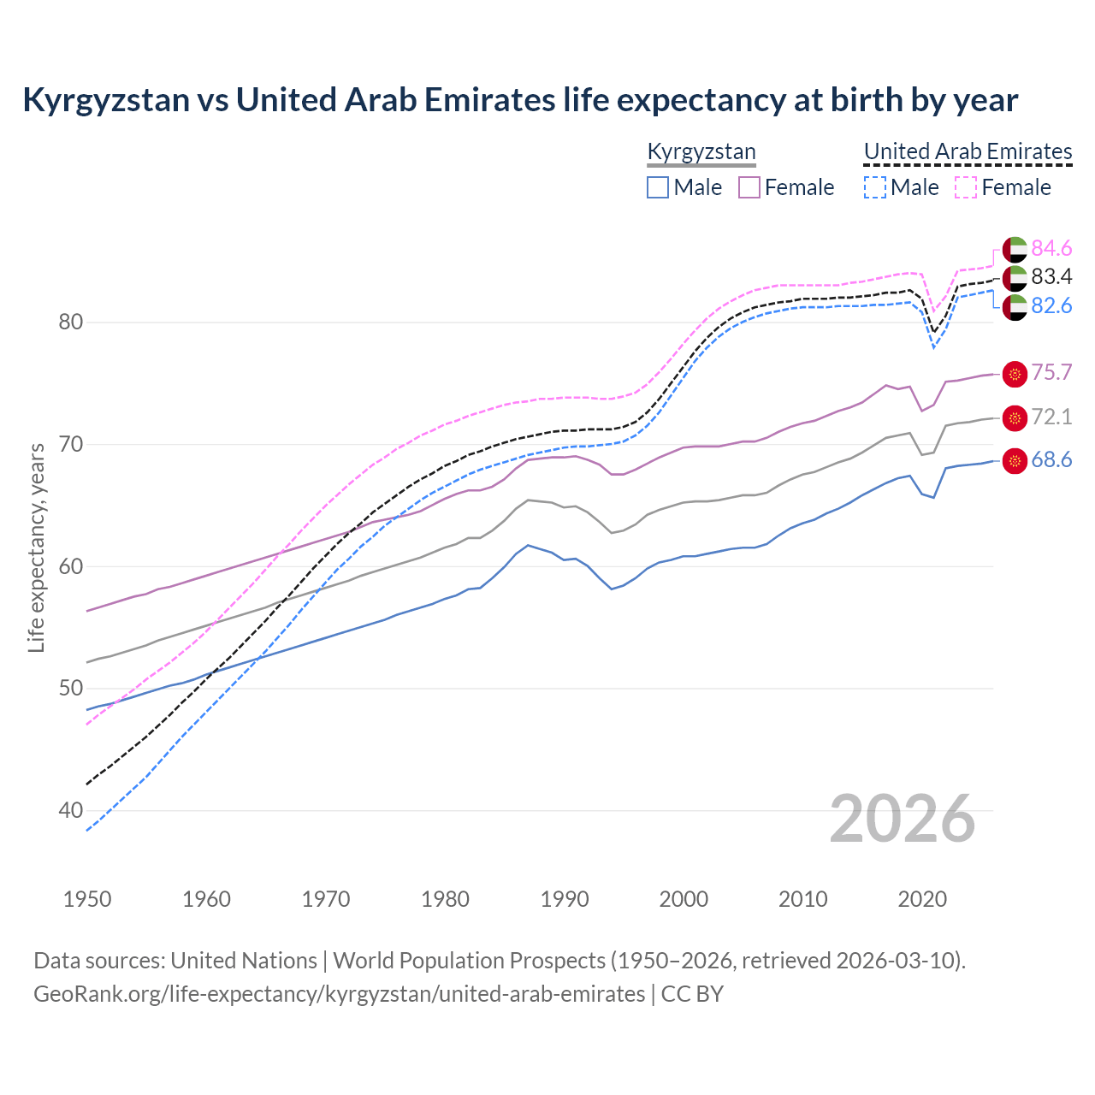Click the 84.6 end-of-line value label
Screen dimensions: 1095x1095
(1051, 248)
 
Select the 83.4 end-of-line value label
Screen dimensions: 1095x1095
(1051, 276)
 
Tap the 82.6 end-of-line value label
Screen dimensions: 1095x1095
(1051, 305)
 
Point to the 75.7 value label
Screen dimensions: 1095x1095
(1051, 372)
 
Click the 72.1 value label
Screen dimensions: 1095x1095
(1051, 417)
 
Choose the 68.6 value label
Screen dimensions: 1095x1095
(1051, 460)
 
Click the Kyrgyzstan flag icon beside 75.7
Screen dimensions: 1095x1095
(1015, 373)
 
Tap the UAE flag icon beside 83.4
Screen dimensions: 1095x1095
(1015, 277)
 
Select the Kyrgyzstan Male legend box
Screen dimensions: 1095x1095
(658, 187)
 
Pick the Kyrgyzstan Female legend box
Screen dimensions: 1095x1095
(749, 187)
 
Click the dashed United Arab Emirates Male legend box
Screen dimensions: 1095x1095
(874, 187)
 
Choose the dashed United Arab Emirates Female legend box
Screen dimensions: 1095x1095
(966, 187)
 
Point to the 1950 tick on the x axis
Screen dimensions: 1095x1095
(87, 899)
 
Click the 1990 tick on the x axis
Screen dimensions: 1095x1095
(565, 899)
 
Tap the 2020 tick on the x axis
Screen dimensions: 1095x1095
(922, 899)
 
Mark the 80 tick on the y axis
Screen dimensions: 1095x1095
(71, 323)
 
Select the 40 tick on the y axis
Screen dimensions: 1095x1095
(71, 810)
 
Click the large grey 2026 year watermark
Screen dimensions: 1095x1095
(903, 819)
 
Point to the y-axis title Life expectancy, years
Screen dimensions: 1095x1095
(37, 547)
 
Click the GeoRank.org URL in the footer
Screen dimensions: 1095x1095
(339, 994)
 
